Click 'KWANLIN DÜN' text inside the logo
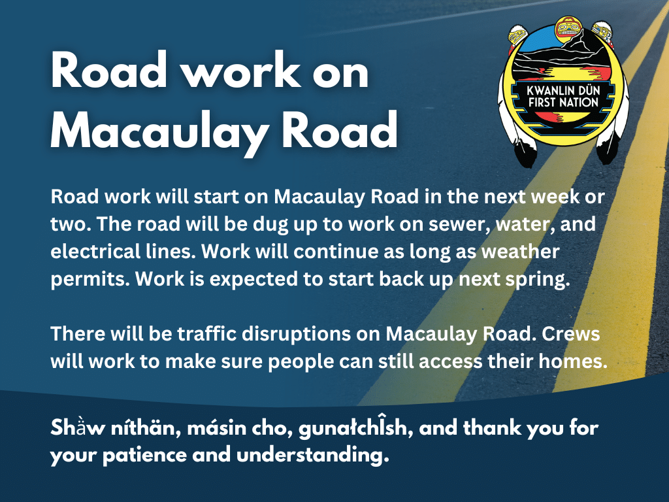tap(563, 91)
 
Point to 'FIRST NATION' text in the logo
tap(563, 103)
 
